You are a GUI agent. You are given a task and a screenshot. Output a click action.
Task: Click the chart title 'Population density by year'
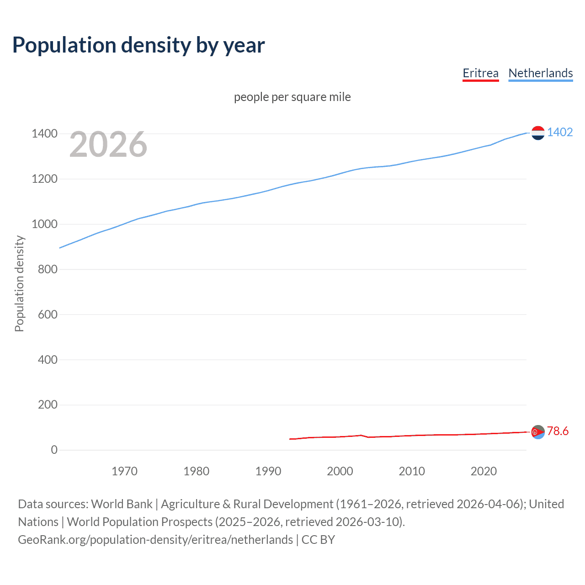click(x=138, y=45)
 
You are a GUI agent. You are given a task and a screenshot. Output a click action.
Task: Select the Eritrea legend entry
click(x=480, y=73)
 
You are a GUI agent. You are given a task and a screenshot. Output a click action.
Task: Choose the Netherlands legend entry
click(x=540, y=73)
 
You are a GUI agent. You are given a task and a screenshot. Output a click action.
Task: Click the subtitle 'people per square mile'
click(x=292, y=97)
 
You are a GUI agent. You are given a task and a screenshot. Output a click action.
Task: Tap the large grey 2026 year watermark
click(x=108, y=144)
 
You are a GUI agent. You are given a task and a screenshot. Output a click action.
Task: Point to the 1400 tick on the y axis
click(x=44, y=134)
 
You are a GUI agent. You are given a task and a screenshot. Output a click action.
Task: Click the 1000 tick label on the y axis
click(x=44, y=224)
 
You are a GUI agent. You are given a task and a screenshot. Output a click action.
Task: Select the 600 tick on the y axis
click(x=48, y=314)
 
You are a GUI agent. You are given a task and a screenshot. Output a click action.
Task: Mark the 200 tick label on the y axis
click(x=48, y=405)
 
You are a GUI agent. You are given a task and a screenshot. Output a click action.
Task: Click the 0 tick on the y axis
click(x=54, y=450)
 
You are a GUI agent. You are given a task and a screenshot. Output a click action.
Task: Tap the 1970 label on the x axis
click(x=124, y=471)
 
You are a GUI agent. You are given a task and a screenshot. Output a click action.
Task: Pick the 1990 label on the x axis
click(x=268, y=471)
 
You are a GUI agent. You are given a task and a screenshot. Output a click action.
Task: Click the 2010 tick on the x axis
click(x=412, y=471)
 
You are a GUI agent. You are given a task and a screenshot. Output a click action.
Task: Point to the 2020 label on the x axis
click(x=484, y=471)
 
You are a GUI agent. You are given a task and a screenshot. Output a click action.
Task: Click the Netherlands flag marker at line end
click(x=538, y=133)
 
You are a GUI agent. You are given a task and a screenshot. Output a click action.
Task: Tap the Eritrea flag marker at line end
click(x=538, y=432)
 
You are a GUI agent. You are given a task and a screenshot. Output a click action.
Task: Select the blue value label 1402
click(x=560, y=133)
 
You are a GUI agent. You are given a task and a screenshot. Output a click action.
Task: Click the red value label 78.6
click(x=558, y=431)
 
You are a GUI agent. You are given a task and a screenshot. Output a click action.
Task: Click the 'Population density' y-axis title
click(x=19, y=283)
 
